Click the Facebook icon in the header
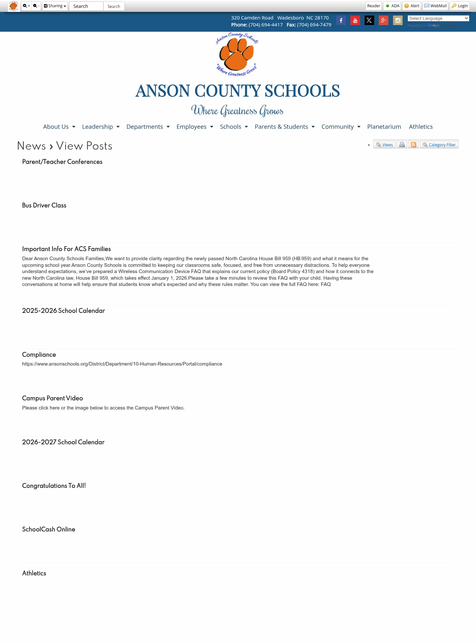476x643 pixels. (341, 20)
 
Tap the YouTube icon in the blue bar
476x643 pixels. (355, 20)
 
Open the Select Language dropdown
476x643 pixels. (438, 18)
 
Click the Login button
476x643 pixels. (459, 6)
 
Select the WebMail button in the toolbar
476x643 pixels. (435, 6)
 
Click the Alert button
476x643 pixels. (412, 6)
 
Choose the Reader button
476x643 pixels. (374, 6)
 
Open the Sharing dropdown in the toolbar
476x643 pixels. (55, 6)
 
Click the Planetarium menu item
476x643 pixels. (384, 127)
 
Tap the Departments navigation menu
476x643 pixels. (148, 127)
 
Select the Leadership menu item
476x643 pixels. (100, 127)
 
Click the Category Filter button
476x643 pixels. (439, 145)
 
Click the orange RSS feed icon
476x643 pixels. (413, 145)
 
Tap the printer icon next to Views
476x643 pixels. (402, 145)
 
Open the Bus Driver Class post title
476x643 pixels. (44, 205)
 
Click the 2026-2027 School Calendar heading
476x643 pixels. (63, 442)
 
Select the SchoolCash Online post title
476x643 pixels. (49, 529)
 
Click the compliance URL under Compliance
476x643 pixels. (122, 364)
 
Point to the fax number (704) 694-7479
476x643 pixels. (314, 25)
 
